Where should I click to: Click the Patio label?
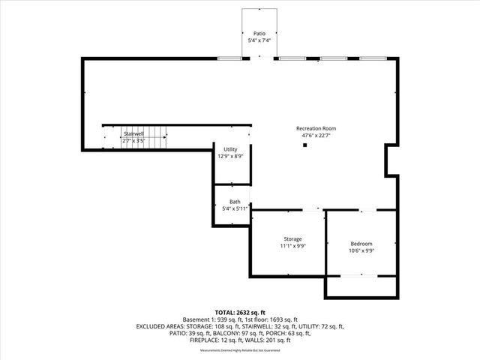[x=259, y=34]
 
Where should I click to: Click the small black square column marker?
[x=304, y=145]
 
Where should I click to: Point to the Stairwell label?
[x=133, y=133]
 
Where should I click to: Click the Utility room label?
[x=229, y=150]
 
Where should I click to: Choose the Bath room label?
[x=235, y=202]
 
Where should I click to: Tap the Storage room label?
[x=292, y=239]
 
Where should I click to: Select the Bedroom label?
[x=361, y=244]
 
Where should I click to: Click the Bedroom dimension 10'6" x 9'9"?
[x=361, y=251]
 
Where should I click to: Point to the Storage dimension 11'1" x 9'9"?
[x=292, y=246]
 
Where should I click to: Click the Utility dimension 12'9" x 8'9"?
[x=229, y=157]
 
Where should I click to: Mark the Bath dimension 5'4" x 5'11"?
[x=235, y=208]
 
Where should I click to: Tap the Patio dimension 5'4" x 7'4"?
[x=259, y=40]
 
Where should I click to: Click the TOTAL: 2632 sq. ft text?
[x=240, y=312]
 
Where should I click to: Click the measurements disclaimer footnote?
[x=240, y=350]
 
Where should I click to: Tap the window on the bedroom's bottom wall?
[x=359, y=276]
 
